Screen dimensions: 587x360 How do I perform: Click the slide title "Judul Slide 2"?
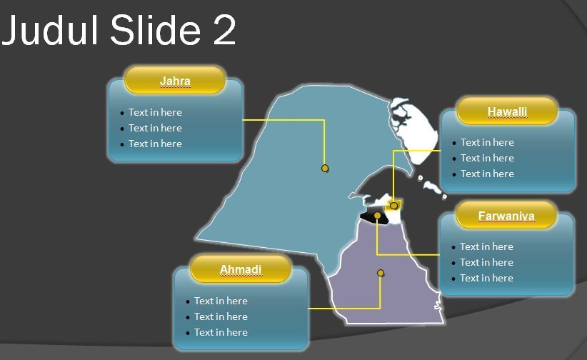[119, 30]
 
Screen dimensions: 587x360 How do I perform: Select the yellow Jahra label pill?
[175, 80]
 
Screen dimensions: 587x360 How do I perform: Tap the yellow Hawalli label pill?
[507, 111]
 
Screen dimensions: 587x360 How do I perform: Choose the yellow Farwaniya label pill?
[506, 215]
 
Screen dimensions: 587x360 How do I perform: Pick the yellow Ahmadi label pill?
[241, 269]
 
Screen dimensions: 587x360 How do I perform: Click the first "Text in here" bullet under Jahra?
[155, 112]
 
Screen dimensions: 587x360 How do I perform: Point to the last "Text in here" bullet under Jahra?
[155, 144]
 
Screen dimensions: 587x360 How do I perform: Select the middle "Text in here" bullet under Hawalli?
[487, 158]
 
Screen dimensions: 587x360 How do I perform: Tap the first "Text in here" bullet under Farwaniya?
[486, 246]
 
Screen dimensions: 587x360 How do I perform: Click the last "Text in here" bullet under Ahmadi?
[221, 332]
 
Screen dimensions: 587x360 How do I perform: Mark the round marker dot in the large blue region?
[325, 169]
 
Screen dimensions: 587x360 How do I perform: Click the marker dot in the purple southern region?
[381, 273]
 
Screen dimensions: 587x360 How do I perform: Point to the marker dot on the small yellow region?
[393, 206]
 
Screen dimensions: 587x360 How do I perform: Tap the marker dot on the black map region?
[377, 216]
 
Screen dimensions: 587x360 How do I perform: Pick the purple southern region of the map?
[386, 285]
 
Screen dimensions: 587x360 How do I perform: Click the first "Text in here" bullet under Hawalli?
[487, 142]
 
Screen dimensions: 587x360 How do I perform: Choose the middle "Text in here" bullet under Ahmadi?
[221, 316]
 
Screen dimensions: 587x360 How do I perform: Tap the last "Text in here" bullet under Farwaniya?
[486, 278]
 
